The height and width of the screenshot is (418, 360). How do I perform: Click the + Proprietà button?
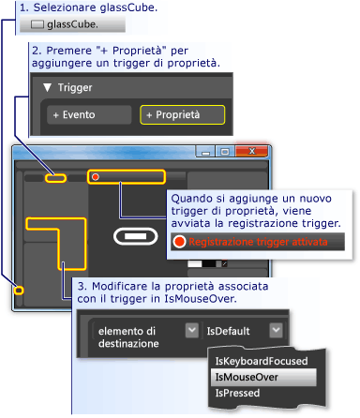(x=183, y=115)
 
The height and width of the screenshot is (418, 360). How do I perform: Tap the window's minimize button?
(x=211, y=150)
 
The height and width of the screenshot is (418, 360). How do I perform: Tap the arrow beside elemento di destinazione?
(x=192, y=331)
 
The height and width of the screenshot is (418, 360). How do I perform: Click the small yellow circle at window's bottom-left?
(x=18, y=291)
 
